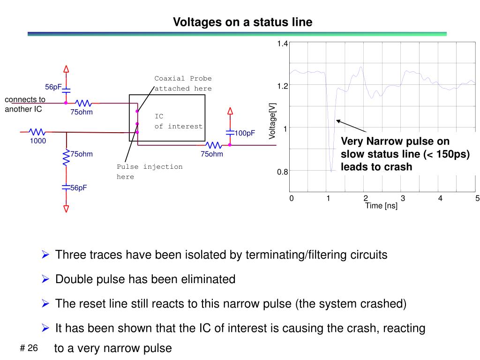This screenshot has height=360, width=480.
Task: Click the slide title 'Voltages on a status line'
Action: (x=242, y=22)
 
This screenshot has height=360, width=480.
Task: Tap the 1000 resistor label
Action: (x=38, y=141)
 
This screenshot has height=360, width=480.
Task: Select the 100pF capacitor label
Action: (x=245, y=133)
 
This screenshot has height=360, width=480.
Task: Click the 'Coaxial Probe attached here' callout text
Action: (x=183, y=83)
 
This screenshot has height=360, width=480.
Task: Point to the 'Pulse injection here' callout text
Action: (x=150, y=172)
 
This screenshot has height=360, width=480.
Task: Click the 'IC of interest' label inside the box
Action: (x=179, y=121)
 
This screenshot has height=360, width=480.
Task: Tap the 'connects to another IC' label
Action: (x=25, y=104)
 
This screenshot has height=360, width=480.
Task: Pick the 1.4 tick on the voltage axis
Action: (x=282, y=44)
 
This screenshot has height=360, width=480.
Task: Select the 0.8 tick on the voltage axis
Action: (x=282, y=172)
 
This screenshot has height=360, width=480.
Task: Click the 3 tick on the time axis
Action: (x=403, y=198)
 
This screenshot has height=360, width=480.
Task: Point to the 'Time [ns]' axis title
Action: (x=381, y=206)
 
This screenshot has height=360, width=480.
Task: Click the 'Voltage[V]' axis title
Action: (x=272, y=121)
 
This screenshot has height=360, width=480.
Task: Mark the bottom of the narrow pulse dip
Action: (x=331, y=172)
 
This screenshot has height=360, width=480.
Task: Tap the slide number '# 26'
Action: (x=29, y=348)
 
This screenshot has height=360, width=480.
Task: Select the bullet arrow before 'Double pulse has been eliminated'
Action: (x=45, y=279)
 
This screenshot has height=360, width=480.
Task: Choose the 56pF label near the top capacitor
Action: (x=53, y=87)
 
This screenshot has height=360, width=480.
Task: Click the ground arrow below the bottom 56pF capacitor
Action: (x=66, y=208)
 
